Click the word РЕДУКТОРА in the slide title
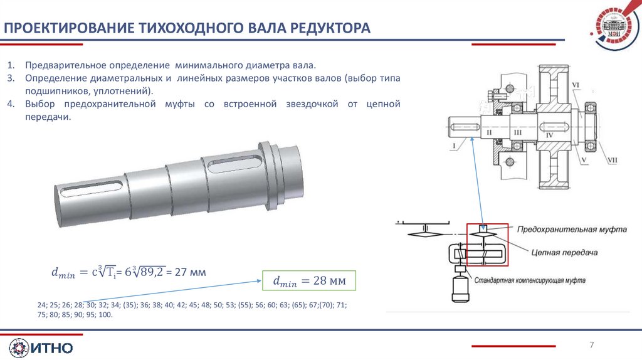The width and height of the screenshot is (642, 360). [330, 28]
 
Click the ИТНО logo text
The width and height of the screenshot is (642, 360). [52, 348]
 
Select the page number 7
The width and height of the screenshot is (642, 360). [592, 345]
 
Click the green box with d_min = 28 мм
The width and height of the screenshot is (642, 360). [309, 280]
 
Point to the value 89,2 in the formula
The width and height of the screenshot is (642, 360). [153, 272]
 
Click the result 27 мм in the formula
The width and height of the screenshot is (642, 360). [191, 272]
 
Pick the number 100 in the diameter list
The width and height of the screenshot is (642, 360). [105, 315]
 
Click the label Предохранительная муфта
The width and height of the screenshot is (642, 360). [572, 230]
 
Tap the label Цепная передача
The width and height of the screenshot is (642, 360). [564, 253]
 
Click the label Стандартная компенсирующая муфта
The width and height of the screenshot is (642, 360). [530, 280]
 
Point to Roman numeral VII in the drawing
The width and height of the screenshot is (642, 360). [612, 160]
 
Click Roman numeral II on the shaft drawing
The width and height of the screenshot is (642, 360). [489, 133]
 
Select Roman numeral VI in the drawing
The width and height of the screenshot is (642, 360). [576, 85]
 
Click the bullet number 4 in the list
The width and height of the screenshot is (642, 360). [11, 104]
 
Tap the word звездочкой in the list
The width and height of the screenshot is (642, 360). [312, 104]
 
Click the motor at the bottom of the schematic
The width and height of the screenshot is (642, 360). [460, 289]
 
